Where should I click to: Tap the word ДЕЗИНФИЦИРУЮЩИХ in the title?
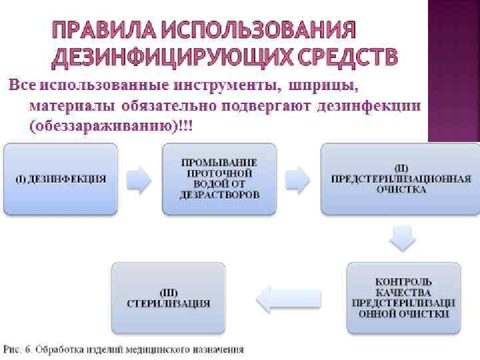(157, 58)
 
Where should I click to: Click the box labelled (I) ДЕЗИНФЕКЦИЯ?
(61, 179)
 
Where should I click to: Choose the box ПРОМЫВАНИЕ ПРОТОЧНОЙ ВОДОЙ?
(219, 179)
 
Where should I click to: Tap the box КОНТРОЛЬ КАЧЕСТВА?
(403, 297)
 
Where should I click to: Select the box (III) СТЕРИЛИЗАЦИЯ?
(168, 297)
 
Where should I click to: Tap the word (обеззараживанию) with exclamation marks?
(101, 125)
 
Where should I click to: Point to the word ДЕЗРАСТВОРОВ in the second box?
(219, 195)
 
